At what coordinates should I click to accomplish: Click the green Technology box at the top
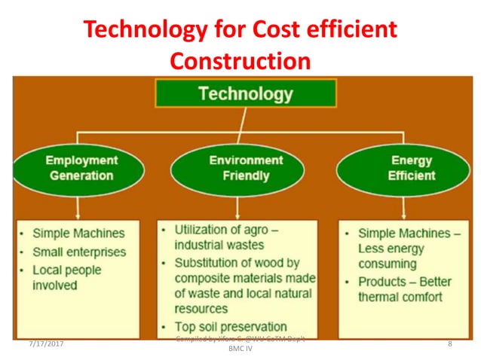click(x=245, y=93)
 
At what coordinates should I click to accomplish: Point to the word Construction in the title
click(x=240, y=60)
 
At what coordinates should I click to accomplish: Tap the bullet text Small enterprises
click(x=79, y=252)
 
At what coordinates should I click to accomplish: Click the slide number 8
click(x=449, y=344)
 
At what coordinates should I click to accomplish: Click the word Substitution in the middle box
click(x=206, y=263)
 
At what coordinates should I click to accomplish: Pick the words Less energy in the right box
click(x=391, y=249)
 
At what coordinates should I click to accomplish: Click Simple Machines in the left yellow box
click(x=78, y=233)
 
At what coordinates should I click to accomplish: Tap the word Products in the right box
click(x=382, y=281)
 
